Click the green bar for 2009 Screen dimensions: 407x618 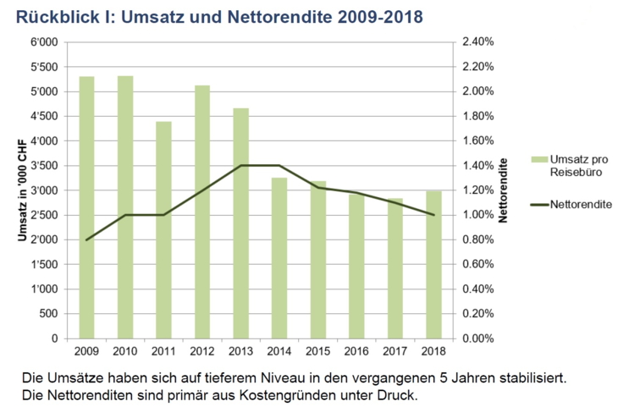(x=86, y=207)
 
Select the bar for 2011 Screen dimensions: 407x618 (x=163, y=230)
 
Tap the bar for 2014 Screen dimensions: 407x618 (x=279, y=258)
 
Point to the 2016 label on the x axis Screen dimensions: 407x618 (x=356, y=350)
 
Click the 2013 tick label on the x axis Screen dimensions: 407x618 (x=240, y=350)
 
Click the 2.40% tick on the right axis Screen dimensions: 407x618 (x=477, y=41)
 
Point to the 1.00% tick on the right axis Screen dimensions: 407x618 (x=477, y=215)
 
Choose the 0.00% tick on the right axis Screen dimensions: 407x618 (x=477, y=338)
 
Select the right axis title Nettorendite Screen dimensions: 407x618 (x=503, y=190)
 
